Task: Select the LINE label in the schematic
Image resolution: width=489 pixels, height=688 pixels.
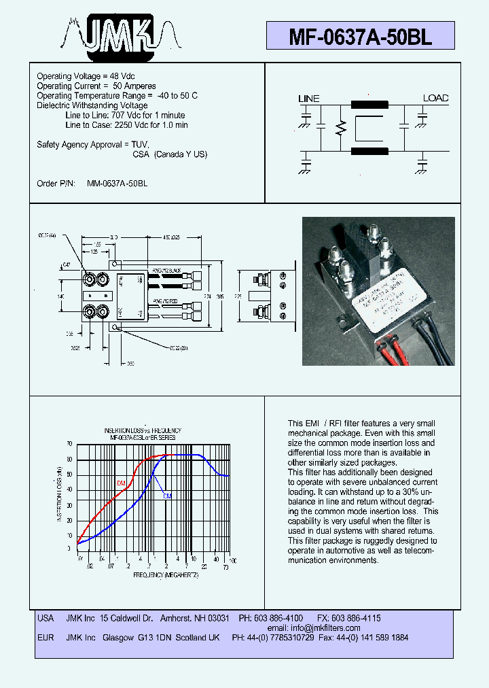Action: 308,99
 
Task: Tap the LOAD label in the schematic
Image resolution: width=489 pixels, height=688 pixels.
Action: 435,98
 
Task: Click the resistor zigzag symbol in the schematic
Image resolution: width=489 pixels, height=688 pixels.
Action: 341,128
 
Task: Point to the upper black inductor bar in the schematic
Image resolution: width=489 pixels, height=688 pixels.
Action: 369,105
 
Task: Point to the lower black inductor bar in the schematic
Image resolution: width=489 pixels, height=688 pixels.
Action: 369,151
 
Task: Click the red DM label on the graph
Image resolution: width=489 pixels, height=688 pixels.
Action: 121,483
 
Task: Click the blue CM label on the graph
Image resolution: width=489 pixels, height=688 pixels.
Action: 166,496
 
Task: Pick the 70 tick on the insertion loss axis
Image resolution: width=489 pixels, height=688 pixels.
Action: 69,444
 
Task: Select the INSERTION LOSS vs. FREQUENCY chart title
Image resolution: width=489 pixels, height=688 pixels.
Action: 142,431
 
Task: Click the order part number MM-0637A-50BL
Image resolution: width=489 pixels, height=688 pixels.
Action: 117,184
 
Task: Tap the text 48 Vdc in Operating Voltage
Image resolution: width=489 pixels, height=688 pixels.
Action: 120,76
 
